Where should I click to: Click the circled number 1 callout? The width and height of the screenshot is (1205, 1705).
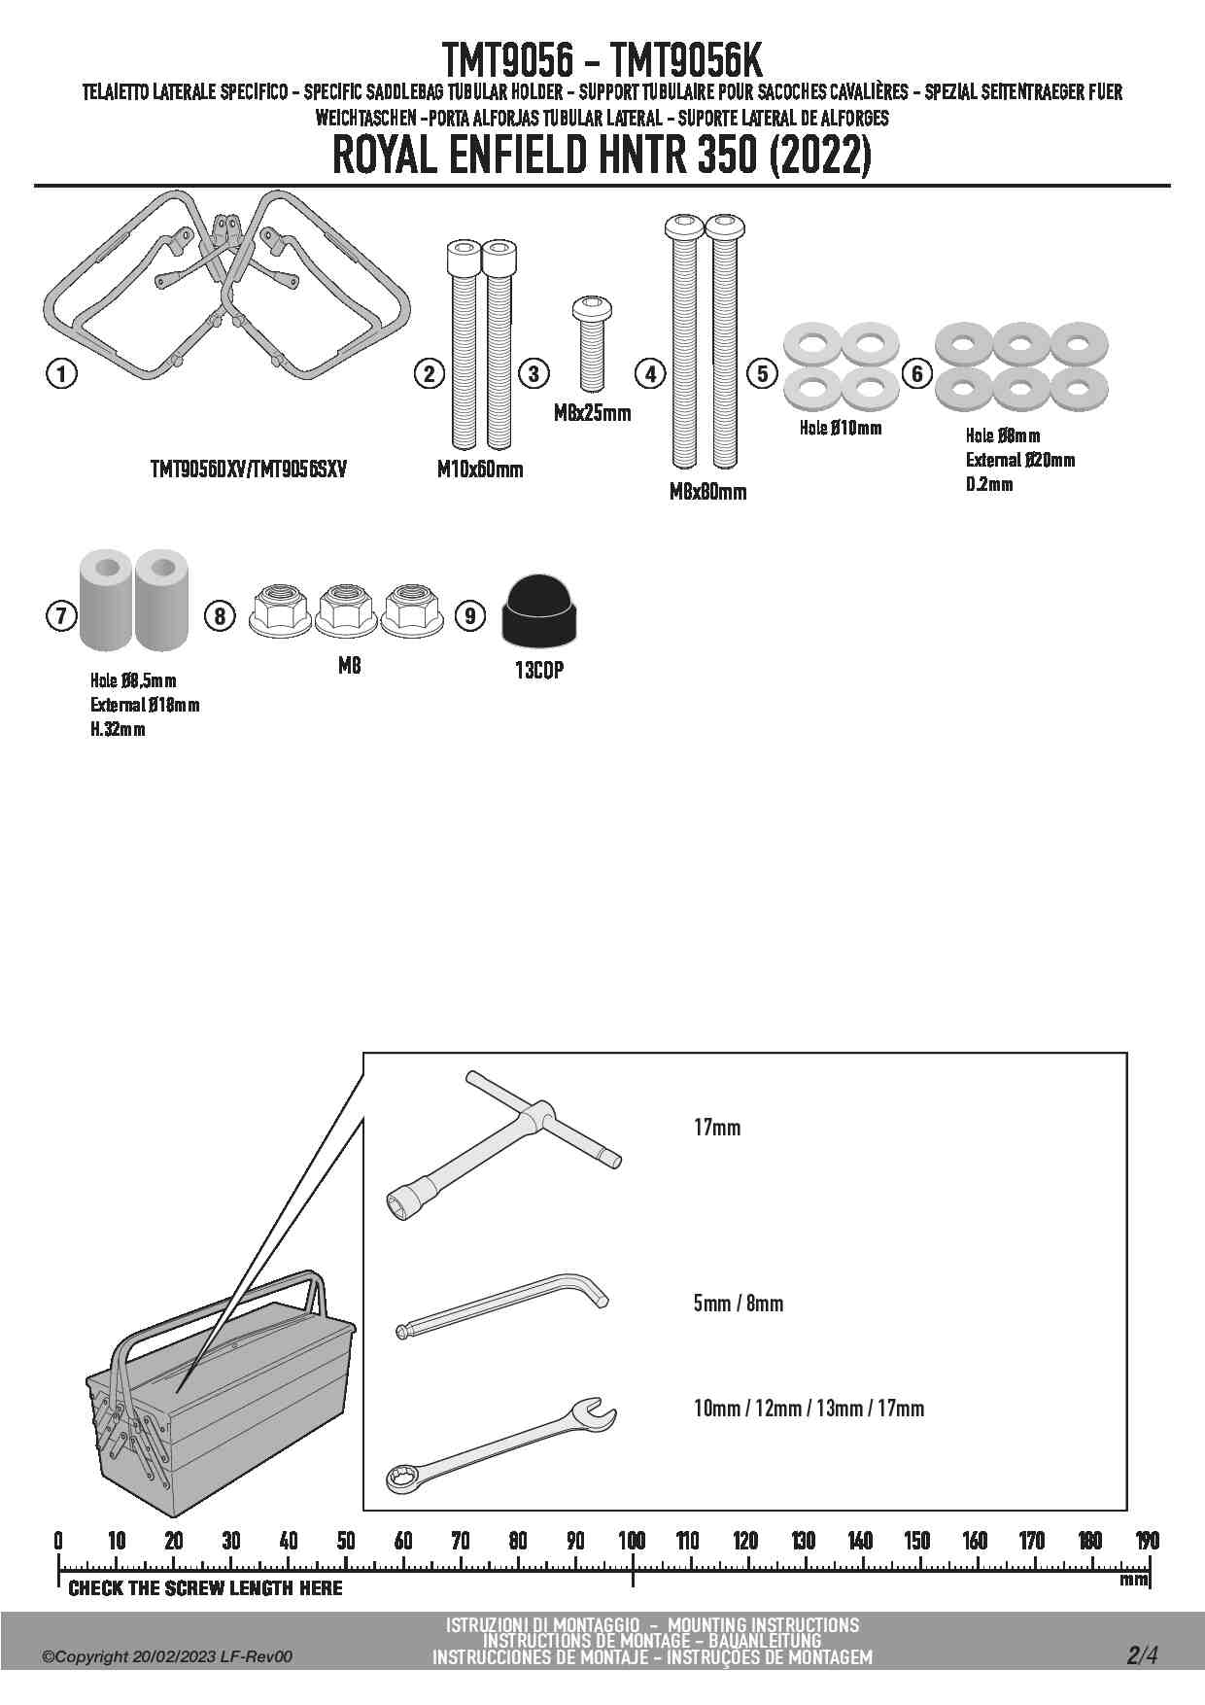[61, 373]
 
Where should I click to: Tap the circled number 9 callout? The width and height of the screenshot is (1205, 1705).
[469, 615]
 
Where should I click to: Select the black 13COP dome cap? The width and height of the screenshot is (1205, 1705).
[538, 610]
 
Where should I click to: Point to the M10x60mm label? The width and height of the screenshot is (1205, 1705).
[479, 470]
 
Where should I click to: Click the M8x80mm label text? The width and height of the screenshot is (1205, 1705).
[707, 492]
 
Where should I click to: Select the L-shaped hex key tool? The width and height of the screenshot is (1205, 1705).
[503, 1308]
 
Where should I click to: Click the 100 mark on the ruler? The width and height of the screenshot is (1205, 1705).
[632, 1541]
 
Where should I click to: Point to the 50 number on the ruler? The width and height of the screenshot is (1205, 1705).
[345, 1541]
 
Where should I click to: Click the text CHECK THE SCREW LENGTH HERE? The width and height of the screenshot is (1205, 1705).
[205, 1588]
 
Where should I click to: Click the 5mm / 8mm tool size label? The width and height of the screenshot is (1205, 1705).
[738, 1303]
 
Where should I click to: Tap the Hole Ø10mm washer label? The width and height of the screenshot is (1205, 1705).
[841, 428]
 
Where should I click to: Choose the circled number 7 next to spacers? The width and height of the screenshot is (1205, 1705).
[61, 615]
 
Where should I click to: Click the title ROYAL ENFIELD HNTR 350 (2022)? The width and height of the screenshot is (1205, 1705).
[602, 157]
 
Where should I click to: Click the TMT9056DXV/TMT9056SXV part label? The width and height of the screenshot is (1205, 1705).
[248, 470]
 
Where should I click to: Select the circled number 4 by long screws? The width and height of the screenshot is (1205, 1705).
[649, 373]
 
